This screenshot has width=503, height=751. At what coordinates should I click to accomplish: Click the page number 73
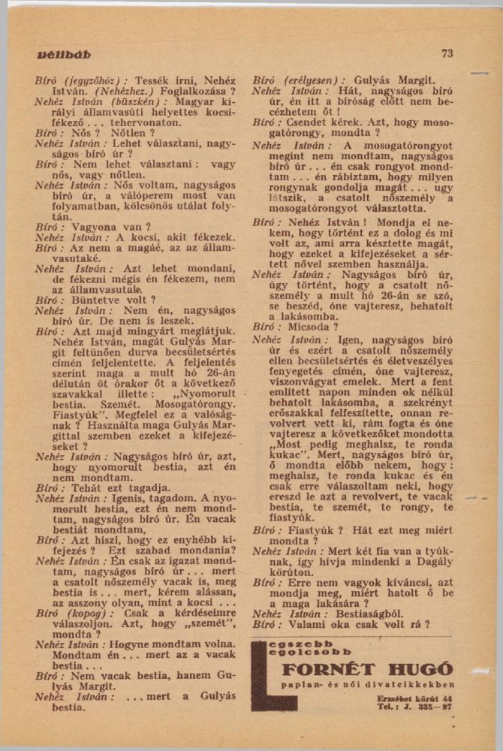[x=447, y=53]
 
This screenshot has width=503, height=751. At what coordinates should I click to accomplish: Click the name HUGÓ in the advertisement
[x=417, y=668]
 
